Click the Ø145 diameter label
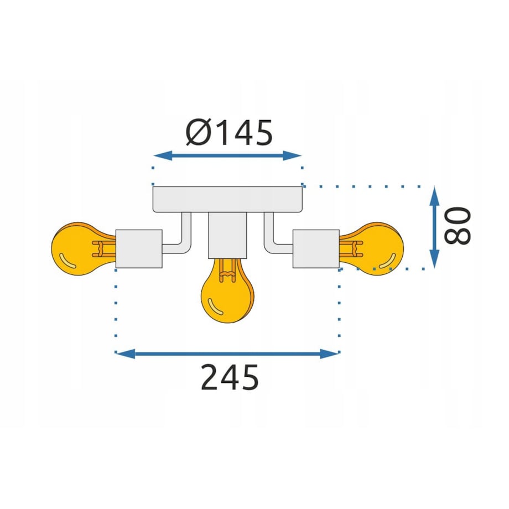[229, 132]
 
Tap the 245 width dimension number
[230, 377]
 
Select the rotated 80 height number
[457, 226]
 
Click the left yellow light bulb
[84, 249]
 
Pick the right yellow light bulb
[371, 249]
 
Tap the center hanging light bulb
[227, 290]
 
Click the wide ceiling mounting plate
[227, 199]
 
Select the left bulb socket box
[139, 249]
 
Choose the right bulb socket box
[316, 249]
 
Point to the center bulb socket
[227, 235]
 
